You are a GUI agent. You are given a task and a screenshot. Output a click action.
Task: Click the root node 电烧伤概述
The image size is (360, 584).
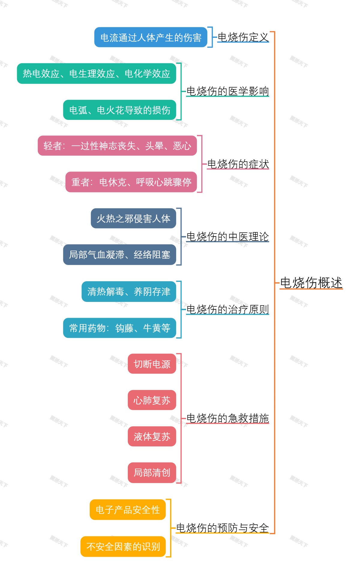point(311,282)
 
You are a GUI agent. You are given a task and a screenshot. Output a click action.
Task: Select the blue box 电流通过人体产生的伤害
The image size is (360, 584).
point(151,37)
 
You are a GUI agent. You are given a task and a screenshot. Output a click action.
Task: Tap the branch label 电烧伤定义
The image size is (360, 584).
point(243,37)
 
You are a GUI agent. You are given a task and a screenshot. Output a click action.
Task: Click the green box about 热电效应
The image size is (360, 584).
point(96,73)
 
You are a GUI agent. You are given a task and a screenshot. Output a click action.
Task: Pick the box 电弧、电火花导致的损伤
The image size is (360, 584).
point(119,110)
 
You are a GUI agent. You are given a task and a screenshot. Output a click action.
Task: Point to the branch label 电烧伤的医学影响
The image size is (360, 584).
point(227,91)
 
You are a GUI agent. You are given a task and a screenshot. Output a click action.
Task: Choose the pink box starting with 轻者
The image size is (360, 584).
point(117,146)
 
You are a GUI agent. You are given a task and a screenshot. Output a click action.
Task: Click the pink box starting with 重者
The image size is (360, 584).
point(131,182)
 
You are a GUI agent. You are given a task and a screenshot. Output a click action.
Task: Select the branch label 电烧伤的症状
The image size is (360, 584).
point(238,164)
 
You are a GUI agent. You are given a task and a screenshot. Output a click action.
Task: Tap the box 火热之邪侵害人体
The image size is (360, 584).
point(133,218)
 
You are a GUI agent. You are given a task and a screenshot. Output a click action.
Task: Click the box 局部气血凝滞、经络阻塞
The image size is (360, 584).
point(119,255)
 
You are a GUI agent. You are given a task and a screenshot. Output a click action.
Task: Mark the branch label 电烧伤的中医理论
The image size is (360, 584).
point(227,237)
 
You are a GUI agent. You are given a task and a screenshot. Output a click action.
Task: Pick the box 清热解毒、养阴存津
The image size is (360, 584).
point(129,291)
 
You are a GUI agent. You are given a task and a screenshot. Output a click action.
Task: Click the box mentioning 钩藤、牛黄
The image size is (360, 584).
point(119,328)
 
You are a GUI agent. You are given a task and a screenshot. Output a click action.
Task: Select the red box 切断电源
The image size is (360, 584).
point(152,364)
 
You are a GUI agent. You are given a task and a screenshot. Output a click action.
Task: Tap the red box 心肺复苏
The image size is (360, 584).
point(152,400)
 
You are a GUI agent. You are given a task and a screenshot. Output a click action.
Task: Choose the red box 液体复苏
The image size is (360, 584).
point(152,436)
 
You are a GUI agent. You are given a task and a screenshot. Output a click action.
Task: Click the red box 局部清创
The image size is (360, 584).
point(152,472)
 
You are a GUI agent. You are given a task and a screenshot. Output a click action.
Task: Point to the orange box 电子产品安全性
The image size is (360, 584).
point(127,510)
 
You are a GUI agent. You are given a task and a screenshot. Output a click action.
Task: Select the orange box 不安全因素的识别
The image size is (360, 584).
point(123,546)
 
